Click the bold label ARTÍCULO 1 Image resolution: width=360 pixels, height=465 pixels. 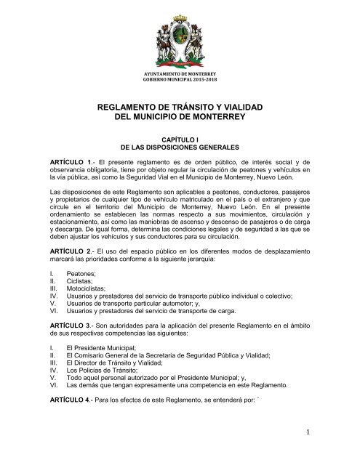[x=70, y=157]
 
